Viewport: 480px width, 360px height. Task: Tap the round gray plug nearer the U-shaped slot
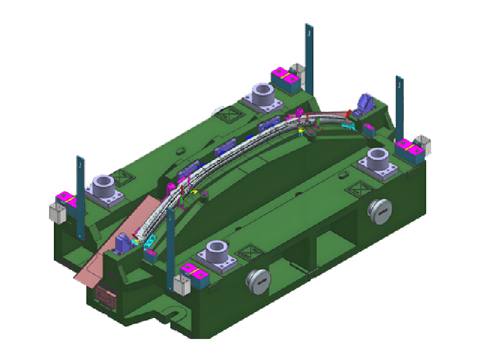pos(259,281)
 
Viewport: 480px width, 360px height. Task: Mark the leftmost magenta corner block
pos(64,199)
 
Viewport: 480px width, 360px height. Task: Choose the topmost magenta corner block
pos(285,76)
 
